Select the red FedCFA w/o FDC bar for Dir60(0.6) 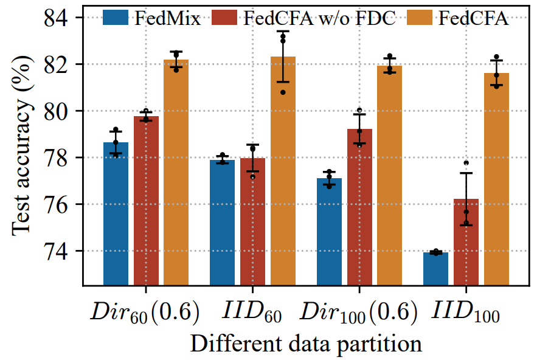pos(146,201)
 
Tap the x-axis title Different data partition pos(306,344)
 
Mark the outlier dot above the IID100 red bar pos(466,163)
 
